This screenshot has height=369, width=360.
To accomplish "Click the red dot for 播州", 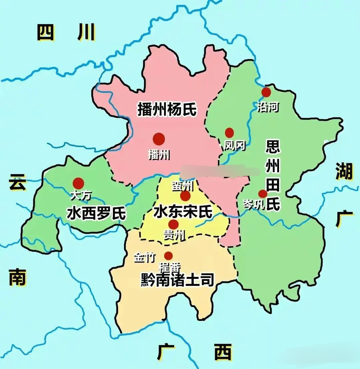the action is point(159,139).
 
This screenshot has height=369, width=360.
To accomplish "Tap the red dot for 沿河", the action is point(266,92).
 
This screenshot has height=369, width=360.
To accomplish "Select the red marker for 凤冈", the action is point(229,133).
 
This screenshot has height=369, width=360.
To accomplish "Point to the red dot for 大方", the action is point(78,183).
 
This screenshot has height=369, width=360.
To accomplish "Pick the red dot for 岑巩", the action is point(263,194).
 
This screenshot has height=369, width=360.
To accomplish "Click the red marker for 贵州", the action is point(173,225).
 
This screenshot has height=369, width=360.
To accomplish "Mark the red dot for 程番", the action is point(169,256).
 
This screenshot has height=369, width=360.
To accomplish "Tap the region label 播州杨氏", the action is point(167,109).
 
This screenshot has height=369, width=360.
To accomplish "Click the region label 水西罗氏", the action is point(96,213).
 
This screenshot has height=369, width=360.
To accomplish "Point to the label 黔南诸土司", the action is point(177,280).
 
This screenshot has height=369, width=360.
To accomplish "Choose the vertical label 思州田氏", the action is point(272,175).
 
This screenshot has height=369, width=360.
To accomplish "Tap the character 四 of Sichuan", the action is point(45,32).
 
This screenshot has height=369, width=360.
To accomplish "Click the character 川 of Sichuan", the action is point(86,32).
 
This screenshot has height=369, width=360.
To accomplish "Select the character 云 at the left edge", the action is point(17,182).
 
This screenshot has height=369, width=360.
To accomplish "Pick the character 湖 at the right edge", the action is point(344,171).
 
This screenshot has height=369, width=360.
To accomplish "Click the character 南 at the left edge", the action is point(17,278).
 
